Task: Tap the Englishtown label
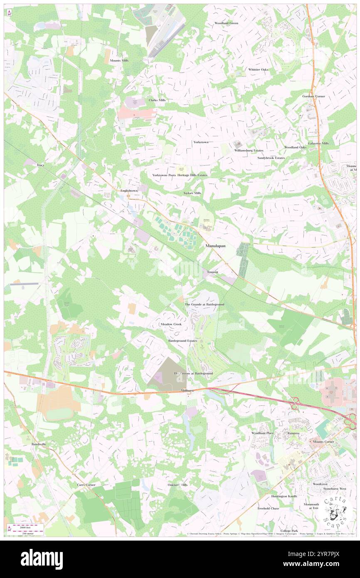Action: click(129, 190)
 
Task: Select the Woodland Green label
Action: click(226, 23)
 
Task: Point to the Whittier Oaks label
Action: click(258, 69)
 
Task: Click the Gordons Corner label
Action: click(313, 96)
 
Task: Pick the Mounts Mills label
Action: click(119, 61)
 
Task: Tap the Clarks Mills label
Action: click(157, 100)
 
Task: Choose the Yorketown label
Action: click(201, 142)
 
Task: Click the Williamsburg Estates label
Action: click(249, 150)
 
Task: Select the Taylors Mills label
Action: click(192, 193)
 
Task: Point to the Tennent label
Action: click(212, 272)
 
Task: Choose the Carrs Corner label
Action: click(86, 485)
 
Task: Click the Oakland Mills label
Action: click(178, 485)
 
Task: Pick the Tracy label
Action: click(40, 165)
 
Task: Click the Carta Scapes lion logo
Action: click(336, 512)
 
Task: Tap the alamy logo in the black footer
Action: click(42, 558)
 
